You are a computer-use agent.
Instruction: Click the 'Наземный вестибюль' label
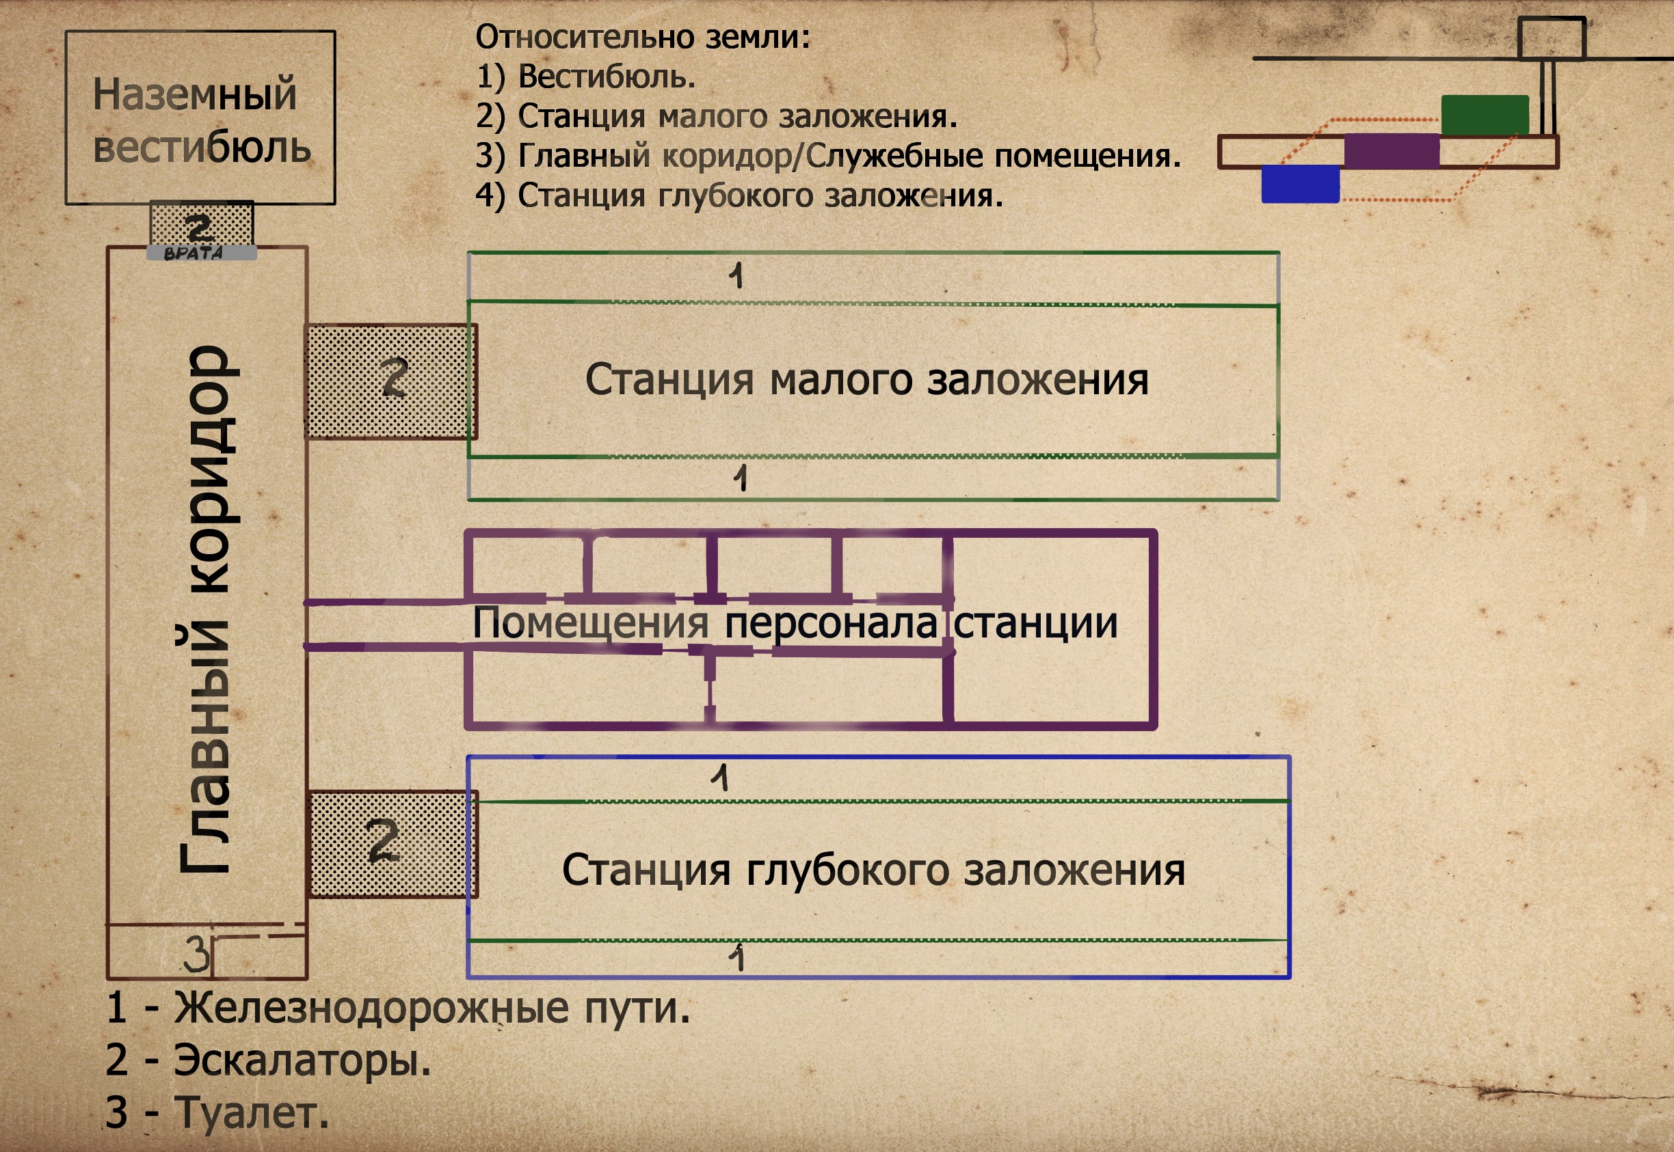(201, 120)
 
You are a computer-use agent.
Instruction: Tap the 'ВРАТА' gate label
(194, 253)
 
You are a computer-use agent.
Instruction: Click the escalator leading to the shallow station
(390, 381)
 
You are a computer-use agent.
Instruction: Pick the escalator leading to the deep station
(390, 843)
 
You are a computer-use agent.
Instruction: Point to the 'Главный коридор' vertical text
(206, 610)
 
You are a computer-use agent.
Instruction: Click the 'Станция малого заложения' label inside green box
(866, 380)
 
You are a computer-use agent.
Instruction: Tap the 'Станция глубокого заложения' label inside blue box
(873, 870)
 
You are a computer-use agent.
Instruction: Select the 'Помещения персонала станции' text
(795, 623)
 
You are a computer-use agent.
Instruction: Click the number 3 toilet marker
(196, 955)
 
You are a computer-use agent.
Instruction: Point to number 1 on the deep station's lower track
(736, 959)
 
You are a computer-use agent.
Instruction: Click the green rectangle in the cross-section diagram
(1485, 114)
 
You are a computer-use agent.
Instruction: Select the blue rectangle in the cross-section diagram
(1300, 183)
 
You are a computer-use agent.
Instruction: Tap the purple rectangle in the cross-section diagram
(1391, 151)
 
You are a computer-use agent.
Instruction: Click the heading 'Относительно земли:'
(643, 37)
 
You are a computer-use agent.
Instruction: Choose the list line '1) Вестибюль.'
(585, 77)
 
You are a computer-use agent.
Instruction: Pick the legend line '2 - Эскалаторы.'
(268, 1060)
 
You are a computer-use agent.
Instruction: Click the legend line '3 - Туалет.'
(217, 1112)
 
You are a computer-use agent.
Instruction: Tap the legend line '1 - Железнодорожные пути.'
(398, 1008)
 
